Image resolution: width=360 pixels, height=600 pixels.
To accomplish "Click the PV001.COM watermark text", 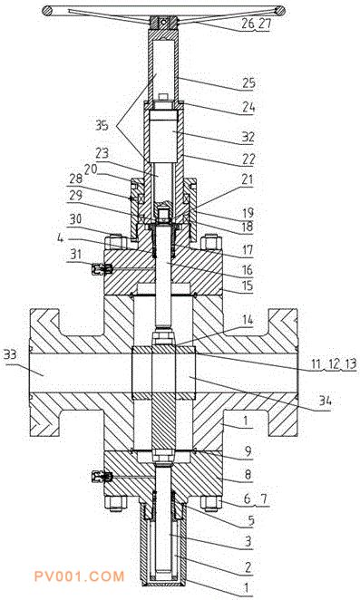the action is (x=79, y=576).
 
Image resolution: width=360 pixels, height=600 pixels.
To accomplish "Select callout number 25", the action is (x=248, y=83).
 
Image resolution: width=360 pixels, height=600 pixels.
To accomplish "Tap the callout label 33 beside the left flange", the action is (x=11, y=354).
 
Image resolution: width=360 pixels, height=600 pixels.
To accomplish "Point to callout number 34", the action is (x=325, y=401).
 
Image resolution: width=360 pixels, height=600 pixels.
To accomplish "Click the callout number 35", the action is (x=102, y=125).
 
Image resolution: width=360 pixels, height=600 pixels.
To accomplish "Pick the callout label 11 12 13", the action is (x=334, y=364).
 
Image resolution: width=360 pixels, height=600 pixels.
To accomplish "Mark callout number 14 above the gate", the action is (x=248, y=320).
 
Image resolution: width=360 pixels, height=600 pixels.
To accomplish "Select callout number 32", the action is (x=248, y=137).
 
